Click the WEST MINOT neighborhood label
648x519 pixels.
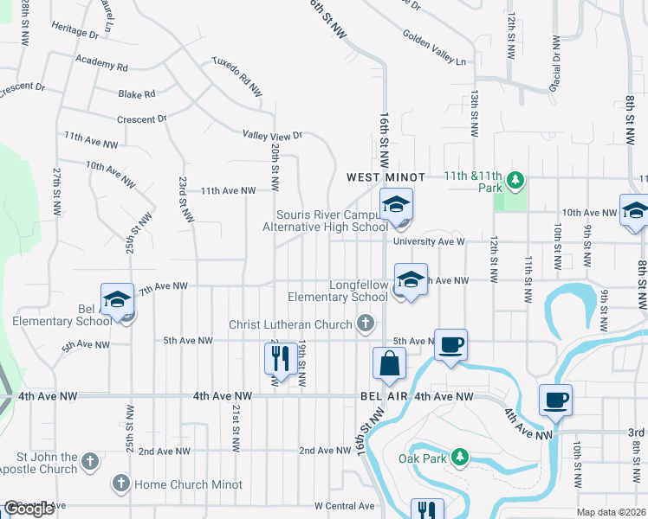[x=386, y=177]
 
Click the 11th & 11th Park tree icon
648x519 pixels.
[x=516, y=180]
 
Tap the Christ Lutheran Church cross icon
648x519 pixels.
[x=366, y=324]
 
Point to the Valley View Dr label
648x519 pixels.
[x=272, y=135]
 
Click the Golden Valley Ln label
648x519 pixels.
[x=434, y=48]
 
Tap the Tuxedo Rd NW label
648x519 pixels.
[x=237, y=76]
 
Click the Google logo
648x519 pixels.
[x=28, y=509]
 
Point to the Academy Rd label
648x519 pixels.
[x=101, y=66]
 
